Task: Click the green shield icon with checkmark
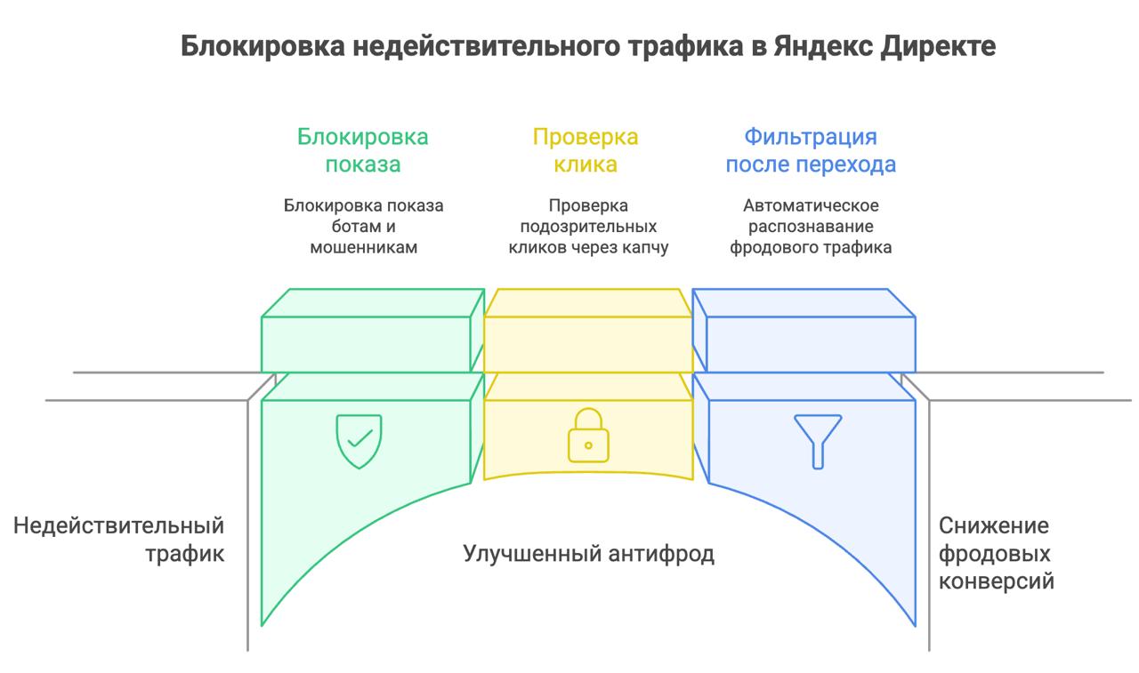pyautogui.click(x=359, y=441)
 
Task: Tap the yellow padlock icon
pyautogui.click(x=588, y=435)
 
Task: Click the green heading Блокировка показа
pyautogui.click(x=362, y=150)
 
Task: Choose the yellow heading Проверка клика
pyautogui.click(x=586, y=150)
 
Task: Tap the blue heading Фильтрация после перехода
pyautogui.click(x=811, y=150)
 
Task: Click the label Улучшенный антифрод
pyautogui.click(x=588, y=554)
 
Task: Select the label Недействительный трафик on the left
pyautogui.click(x=118, y=540)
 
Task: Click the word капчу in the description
pyautogui.click(x=642, y=248)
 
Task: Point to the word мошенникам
pyautogui.click(x=363, y=248)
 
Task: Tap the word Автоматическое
pyautogui.click(x=811, y=205)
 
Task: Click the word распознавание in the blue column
pyautogui.click(x=811, y=227)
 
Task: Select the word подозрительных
pyautogui.click(x=588, y=227)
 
